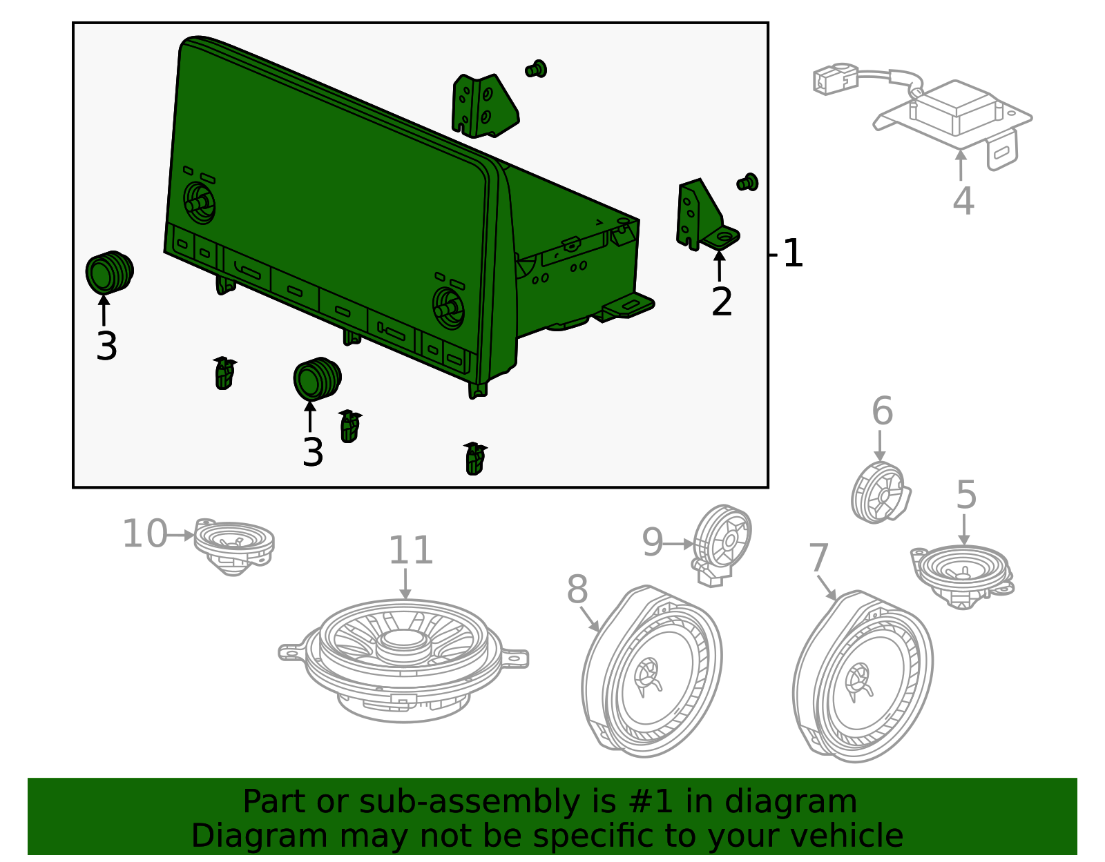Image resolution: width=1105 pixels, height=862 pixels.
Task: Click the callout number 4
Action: (963, 201)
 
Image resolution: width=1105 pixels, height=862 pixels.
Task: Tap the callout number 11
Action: (410, 551)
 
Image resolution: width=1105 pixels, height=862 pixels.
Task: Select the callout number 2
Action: (722, 302)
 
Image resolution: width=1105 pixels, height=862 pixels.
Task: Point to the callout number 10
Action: (144, 534)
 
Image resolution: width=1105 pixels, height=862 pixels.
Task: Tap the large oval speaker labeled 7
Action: (863, 676)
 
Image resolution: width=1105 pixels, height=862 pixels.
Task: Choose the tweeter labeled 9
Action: (722, 542)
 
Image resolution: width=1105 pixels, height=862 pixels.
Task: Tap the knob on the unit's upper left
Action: (199, 202)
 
